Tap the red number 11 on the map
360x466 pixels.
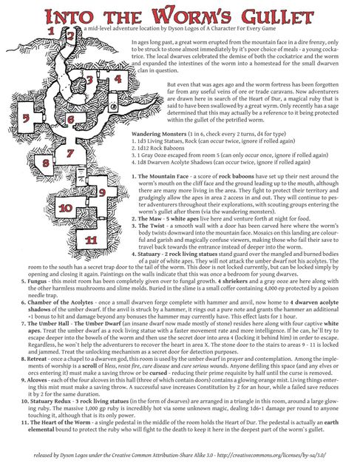tap(91, 240)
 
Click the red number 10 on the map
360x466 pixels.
tap(65, 209)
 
